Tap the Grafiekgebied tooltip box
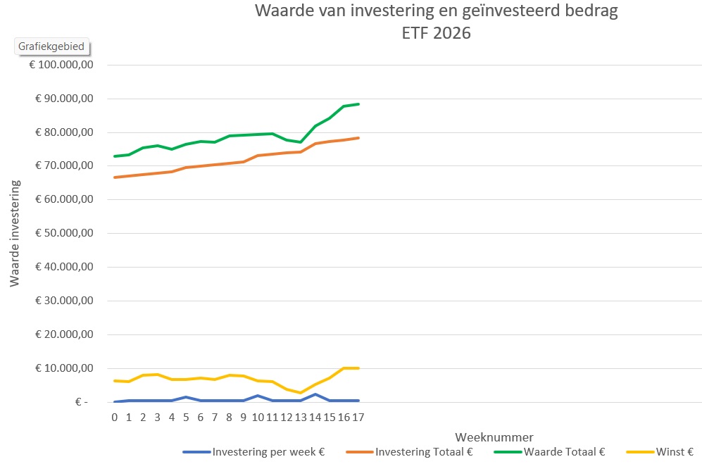(51, 46)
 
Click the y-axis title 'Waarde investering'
(15, 233)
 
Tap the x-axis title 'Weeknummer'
(494, 437)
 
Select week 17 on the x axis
(358, 418)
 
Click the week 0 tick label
(114, 418)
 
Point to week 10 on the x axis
(258, 418)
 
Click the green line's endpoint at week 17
(358, 104)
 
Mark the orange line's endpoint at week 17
(358, 138)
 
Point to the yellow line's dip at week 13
(301, 393)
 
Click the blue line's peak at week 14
(315, 394)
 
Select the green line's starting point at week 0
(114, 156)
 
